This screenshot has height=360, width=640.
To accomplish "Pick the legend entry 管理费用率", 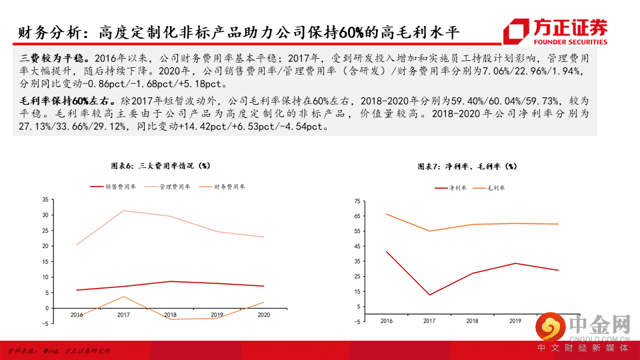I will point(169,187).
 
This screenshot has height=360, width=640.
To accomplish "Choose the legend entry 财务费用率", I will point(224,187).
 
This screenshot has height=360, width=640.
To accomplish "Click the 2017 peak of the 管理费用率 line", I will point(123,211).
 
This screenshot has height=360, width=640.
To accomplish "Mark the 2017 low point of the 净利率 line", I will point(430,295).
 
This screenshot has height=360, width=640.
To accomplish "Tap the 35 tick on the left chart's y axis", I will point(45,199).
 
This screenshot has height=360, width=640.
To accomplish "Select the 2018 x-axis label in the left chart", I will point(170,315).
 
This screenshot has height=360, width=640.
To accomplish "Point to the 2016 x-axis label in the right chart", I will point(387,321).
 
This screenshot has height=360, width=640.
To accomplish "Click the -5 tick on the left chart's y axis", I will point(45,323).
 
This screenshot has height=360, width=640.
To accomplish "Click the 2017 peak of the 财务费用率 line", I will point(123,297).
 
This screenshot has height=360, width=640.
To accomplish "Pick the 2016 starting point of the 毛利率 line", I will point(387,214).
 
